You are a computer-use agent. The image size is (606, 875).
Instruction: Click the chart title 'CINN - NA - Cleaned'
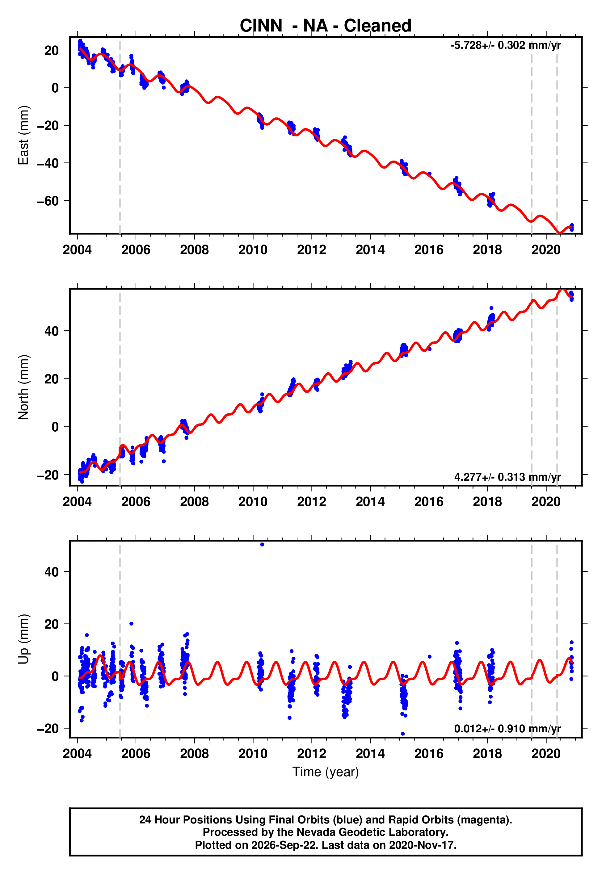point(326,26)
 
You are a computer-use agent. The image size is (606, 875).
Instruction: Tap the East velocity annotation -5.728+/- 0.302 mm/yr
point(505,45)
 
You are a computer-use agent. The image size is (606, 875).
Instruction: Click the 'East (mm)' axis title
point(23,135)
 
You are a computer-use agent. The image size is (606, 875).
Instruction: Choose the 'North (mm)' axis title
point(23,387)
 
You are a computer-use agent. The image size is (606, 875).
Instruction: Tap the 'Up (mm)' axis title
point(23,639)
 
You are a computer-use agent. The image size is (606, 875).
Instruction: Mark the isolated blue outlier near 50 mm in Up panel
point(262,545)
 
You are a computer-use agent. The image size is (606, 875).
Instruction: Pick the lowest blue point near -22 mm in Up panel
point(402,734)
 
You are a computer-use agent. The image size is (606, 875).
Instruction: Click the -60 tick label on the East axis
point(48,201)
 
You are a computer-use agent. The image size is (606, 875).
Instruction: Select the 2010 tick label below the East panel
point(253,250)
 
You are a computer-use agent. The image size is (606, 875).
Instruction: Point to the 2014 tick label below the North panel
point(370,502)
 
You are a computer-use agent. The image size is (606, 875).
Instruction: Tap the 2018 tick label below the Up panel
point(487,754)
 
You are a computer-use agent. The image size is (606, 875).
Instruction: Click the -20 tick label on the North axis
point(48,475)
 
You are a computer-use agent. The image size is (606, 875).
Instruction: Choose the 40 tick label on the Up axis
point(52,572)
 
